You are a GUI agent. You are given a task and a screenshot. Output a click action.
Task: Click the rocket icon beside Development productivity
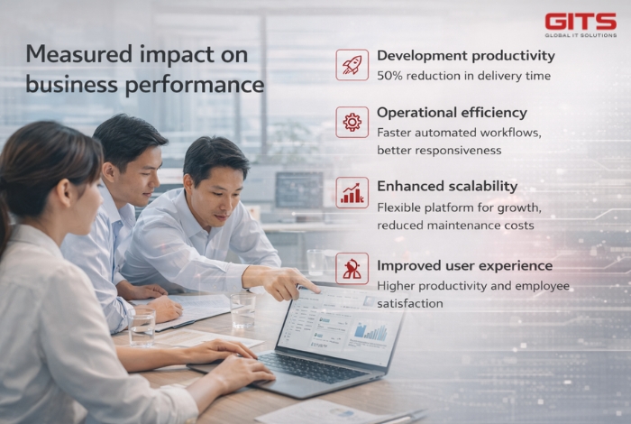(x=352, y=65)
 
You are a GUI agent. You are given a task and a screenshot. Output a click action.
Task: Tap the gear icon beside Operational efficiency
(x=352, y=122)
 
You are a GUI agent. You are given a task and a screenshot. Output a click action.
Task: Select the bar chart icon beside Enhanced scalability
(x=352, y=192)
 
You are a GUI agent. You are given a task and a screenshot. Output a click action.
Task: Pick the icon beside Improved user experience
(x=352, y=268)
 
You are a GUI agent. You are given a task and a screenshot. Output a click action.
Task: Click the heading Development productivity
(x=465, y=56)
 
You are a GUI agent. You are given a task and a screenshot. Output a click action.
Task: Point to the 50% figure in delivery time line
(x=389, y=76)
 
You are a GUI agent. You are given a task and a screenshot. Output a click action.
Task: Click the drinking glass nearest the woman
(x=142, y=324)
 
